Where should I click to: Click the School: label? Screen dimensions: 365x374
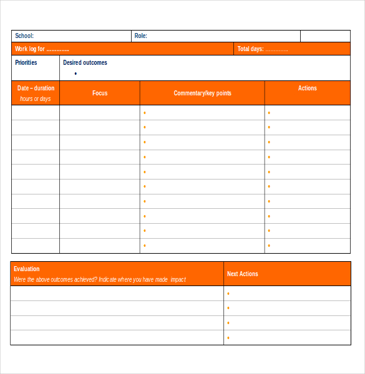point(24,36)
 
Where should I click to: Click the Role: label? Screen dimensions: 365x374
point(141,36)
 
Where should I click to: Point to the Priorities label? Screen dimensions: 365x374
point(26,62)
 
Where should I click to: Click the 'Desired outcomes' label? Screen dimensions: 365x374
point(85,62)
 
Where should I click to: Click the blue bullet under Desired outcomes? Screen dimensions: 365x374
point(75,74)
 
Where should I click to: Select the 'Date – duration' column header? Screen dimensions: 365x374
point(36,89)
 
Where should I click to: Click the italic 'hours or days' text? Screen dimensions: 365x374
point(36,98)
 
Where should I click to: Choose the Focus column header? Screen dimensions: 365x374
point(100,93)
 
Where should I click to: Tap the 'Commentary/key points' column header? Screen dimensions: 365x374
point(202,93)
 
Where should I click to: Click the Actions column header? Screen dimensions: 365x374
point(308,89)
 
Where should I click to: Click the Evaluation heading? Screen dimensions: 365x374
point(26,269)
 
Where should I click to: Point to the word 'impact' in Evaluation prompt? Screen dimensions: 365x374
point(178,279)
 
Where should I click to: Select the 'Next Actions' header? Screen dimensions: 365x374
point(243,274)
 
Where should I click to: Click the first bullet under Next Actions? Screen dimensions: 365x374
point(228,294)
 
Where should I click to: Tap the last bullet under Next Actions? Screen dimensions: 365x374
point(228,338)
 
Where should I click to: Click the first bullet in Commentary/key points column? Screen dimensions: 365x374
point(145,113)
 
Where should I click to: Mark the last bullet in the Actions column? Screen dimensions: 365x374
point(269,246)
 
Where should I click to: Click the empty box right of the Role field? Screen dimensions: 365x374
point(325,36)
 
